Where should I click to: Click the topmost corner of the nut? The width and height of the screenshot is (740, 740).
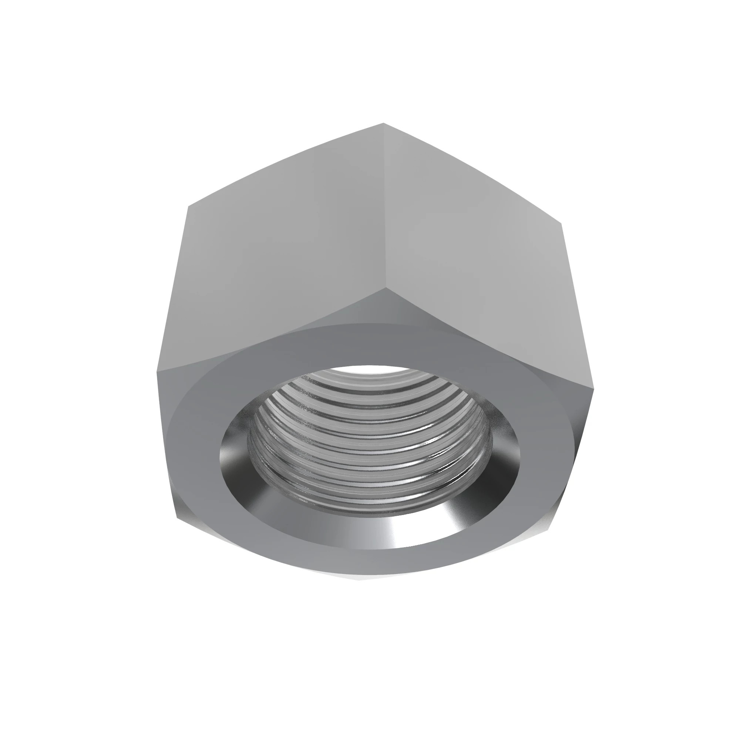(x=383, y=123)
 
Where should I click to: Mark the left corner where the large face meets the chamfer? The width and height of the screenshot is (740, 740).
(x=157, y=371)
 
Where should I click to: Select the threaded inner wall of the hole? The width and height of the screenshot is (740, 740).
(x=368, y=440)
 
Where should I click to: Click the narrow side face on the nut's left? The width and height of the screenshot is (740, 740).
(x=168, y=440)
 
